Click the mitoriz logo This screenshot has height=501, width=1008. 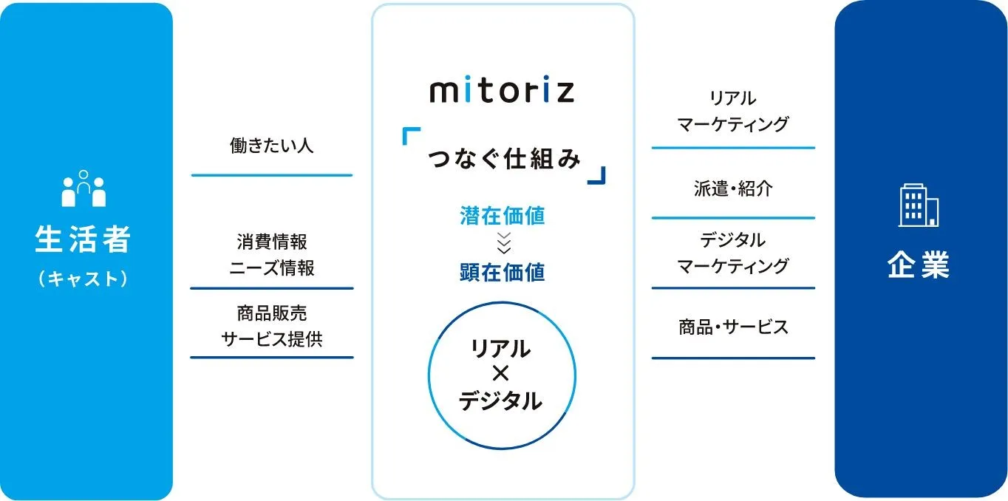[x=503, y=92]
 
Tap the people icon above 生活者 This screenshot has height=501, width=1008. [x=84, y=188]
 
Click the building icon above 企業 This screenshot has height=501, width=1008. [x=919, y=205]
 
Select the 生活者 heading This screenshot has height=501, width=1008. [x=83, y=239]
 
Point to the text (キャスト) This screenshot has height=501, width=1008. [x=84, y=279]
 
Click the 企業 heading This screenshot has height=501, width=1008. [x=919, y=265]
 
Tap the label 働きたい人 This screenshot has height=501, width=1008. [x=271, y=146]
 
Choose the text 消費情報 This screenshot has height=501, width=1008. [x=272, y=242]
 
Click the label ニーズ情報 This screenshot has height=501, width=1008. [x=272, y=268]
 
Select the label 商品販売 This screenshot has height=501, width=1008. [x=272, y=313]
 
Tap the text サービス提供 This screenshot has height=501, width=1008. [x=272, y=339]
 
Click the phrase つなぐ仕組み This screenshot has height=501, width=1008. [x=504, y=159]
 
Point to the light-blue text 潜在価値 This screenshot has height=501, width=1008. [x=503, y=216]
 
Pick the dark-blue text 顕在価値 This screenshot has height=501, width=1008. [x=503, y=273]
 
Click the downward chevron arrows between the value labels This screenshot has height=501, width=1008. [x=503, y=244]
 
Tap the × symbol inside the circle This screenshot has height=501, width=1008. [x=501, y=374]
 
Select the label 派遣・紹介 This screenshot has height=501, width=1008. [x=733, y=188]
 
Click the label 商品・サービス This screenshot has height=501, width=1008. [x=733, y=327]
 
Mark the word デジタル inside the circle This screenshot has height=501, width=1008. [x=500, y=401]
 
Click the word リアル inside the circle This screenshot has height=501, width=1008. [x=501, y=349]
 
